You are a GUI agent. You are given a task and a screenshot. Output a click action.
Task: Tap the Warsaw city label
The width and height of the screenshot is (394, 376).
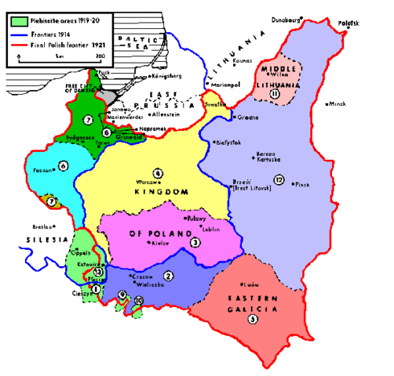point(148,181)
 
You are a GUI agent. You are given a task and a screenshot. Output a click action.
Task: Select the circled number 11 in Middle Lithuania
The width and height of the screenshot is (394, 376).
point(275,93)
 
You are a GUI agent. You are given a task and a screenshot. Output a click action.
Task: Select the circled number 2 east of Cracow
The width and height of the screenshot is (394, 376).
point(167,275)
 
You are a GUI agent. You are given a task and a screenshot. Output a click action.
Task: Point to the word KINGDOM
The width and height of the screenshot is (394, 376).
point(161,193)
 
